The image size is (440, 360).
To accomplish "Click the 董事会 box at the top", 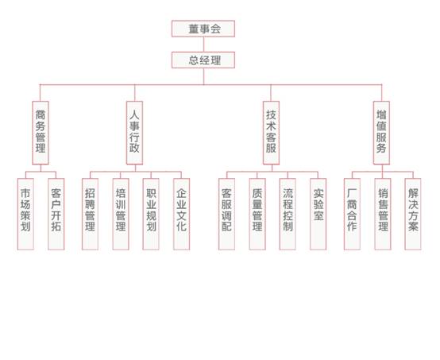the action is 203,29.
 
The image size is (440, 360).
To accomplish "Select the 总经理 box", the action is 203,60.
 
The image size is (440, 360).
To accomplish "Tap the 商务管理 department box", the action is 41,133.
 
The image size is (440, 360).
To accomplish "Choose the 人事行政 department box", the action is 134,133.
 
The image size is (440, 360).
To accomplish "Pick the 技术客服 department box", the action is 271,133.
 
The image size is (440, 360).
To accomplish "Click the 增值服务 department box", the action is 381,133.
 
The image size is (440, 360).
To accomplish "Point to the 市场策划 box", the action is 25,214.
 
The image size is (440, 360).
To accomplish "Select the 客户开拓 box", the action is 56,214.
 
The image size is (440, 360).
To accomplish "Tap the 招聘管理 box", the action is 90,214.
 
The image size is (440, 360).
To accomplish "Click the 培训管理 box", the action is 121,214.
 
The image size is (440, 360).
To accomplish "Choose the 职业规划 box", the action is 151,214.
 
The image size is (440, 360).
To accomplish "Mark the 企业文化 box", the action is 182,214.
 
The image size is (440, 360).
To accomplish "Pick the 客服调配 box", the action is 226,214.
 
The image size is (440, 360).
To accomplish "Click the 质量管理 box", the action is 257,214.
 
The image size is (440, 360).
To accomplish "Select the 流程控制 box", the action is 288,214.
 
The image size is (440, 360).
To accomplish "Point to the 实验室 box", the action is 318,214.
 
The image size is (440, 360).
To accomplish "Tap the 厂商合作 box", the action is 352,214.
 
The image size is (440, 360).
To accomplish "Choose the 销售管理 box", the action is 383,214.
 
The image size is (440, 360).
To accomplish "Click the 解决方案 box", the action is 413,214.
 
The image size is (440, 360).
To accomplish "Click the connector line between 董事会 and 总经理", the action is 204,45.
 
